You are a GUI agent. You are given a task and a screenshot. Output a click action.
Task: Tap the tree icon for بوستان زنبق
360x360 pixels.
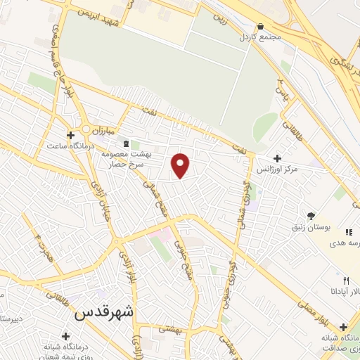click(311, 215)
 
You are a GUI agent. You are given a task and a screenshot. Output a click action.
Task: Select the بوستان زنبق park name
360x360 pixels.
click(310, 228)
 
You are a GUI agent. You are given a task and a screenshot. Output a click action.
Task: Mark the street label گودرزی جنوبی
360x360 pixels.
click(229, 281)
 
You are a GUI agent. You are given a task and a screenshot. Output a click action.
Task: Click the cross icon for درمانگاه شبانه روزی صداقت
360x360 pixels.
click(343, 328)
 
